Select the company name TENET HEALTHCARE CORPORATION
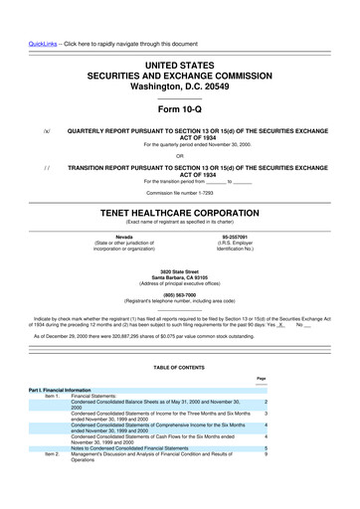(x=179, y=213)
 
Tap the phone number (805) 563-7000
(x=180, y=292)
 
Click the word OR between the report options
(x=180, y=153)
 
